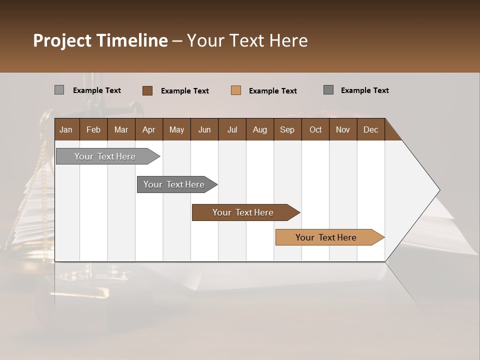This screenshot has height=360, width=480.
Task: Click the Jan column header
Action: point(66,129)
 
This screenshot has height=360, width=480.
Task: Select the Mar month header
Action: point(121,129)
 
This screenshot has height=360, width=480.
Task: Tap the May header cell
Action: point(176,129)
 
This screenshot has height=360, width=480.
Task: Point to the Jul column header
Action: point(232,129)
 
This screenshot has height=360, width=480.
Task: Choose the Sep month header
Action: point(287,129)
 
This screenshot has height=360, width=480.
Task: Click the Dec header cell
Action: point(370,129)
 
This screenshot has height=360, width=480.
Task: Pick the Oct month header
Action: point(315,129)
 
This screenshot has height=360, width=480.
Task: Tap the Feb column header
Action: point(93,129)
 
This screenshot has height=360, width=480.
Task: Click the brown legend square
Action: point(147,90)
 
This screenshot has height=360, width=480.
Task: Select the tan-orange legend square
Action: point(236,90)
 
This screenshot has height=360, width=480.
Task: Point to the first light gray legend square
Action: point(59,90)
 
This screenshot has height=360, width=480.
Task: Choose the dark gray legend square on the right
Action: point(328,90)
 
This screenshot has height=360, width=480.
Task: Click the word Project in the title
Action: point(62,40)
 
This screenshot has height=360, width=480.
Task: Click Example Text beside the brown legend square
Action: point(184,91)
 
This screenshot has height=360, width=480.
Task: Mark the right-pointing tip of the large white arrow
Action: point(438,190)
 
